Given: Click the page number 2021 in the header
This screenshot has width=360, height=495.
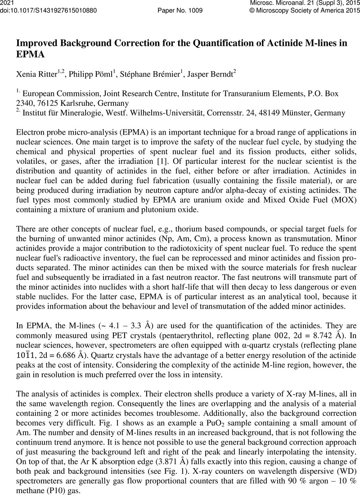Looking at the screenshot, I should click(x=8, y=3).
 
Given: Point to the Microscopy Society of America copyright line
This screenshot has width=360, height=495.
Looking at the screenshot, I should click(x=302, y=10).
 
